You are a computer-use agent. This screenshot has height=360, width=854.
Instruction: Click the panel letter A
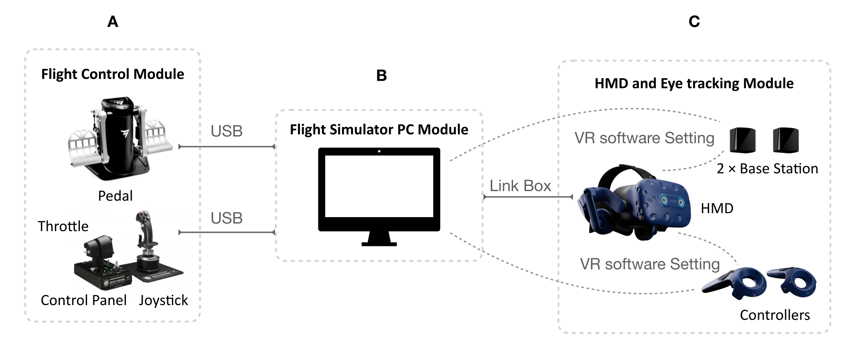point(113,22)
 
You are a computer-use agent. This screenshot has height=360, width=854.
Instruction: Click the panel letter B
point(381,76)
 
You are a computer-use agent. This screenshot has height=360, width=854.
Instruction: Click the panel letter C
point(694,22)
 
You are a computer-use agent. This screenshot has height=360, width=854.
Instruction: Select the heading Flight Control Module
point(112,74)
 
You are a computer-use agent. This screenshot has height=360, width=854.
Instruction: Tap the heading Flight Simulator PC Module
point(379,130)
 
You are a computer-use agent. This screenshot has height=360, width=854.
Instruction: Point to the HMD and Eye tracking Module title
point(694,84)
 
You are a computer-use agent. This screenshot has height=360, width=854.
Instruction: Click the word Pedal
point(115,196)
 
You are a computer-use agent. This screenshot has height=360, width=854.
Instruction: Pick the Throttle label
point(63,226)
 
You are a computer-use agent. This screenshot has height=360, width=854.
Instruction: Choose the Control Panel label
point(84,300)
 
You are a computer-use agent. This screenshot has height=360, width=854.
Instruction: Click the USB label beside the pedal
point(226,131)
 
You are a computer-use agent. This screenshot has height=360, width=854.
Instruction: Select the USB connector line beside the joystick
point(227,232)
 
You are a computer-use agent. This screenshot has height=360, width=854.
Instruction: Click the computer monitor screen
point(379,186)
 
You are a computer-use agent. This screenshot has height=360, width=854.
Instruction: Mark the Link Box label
point(520,186)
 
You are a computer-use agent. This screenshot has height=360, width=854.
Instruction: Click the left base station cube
point(742,140)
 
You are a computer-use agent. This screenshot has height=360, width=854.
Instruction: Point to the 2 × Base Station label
point(767,169)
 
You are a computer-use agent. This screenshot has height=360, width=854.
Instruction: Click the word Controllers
point(775,315)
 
